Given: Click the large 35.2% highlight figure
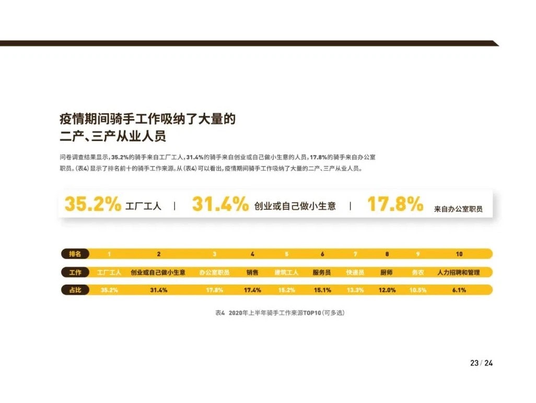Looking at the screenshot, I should click(92, 204).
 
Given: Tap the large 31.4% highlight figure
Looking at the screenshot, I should click(220, 204).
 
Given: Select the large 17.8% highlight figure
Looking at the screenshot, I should click(395, 204).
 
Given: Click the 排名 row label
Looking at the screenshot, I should click(75, 254).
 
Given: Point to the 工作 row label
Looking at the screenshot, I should click(75, 272).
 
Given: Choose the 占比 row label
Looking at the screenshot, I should click(75, 290).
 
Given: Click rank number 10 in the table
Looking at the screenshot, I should click(459, 254).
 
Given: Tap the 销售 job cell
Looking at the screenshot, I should click(252, 272).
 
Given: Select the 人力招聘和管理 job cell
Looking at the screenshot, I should click(458, 272).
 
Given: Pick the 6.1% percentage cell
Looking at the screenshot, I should click(459, 290).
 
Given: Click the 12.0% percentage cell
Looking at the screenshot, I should click(387, 290).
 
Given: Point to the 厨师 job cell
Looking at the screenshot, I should click(387, 272).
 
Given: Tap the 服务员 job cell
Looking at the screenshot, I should click(322, 272).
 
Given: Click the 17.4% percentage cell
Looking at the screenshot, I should click(252, 290).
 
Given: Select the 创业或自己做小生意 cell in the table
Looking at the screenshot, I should click(158, 272).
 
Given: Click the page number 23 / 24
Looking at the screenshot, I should click(481, 363).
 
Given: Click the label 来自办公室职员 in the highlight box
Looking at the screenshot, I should click(458, 208).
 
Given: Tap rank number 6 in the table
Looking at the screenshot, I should click(322, 254).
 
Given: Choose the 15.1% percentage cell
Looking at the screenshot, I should click(322, 290).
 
